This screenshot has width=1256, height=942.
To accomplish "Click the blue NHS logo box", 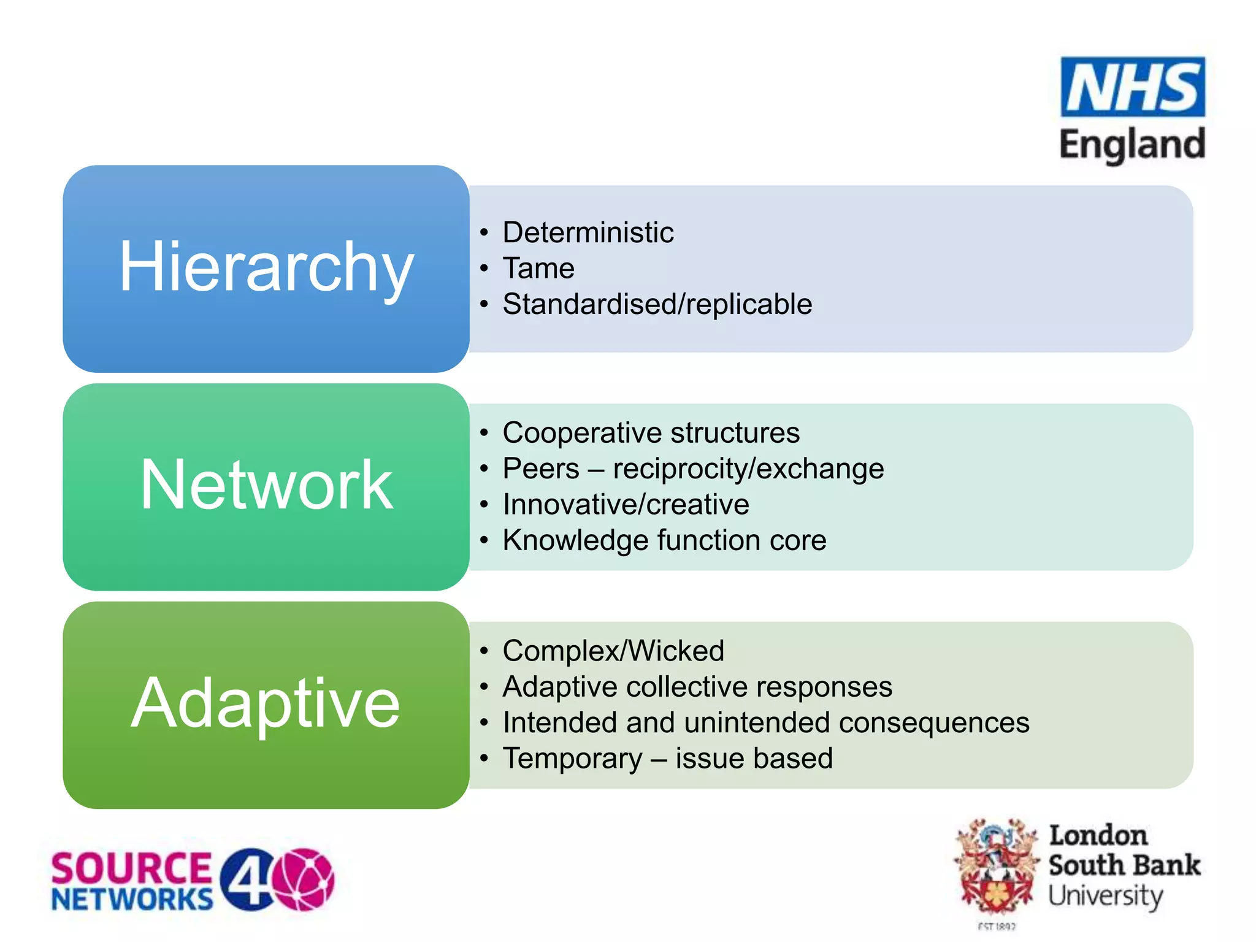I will point(1132,87).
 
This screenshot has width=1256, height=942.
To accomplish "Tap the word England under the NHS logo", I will point(1132,145).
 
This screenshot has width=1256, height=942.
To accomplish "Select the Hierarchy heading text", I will point(266,267).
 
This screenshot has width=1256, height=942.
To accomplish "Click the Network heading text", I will point(266,485).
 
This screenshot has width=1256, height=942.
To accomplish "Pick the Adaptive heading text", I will point(266,703).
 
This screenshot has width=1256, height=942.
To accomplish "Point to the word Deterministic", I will point(588,232).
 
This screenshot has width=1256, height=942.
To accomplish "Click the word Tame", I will point(538,269).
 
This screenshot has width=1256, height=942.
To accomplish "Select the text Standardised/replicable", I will point(657,304).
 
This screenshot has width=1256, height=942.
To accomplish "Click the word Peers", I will point(541,469).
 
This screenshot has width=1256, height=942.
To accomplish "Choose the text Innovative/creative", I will point(626,505).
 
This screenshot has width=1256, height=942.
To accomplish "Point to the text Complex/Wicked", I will point(613,651).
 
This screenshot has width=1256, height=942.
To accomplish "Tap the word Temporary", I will point(572,759).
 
